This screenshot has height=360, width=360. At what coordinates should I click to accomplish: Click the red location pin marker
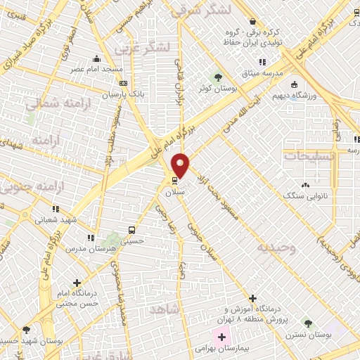point(181,165)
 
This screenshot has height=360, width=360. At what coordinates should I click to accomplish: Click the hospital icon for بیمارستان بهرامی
point(221,337)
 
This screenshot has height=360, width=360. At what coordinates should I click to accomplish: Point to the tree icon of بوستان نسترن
point(307,323)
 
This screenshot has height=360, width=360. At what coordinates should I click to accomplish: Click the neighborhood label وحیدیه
point(275,248)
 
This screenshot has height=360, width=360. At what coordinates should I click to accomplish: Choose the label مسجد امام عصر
point(96,70)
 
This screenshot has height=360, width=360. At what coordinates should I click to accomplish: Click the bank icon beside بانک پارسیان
point(124,84)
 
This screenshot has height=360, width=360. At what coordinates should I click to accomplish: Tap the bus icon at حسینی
point(132,230)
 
